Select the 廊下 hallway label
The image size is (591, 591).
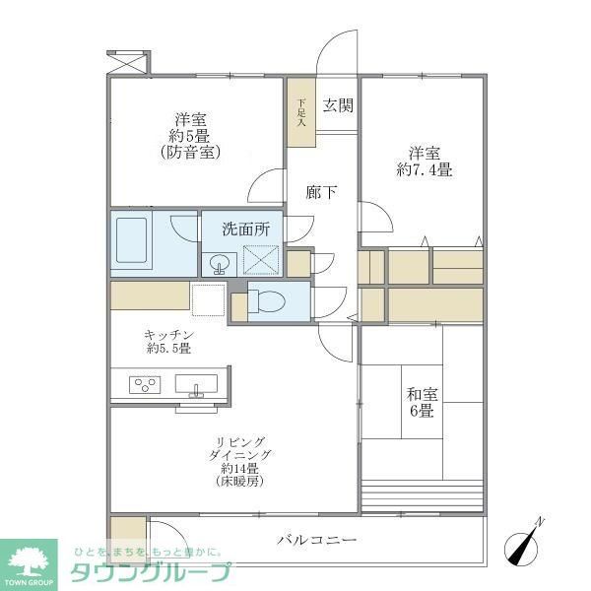pos(321,192)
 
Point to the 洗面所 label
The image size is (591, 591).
pos(244,229)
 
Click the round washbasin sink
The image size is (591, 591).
pos(219,263)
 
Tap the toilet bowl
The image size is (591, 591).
pos(270,299)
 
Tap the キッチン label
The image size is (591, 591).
pos(168,334)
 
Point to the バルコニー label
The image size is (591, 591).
pos(316,540)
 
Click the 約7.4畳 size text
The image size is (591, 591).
pos(425,169)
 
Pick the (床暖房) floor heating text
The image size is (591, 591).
pos(239,482)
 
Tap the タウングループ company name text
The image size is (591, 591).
pos(149,570)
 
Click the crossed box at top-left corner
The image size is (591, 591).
pos(127,60)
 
